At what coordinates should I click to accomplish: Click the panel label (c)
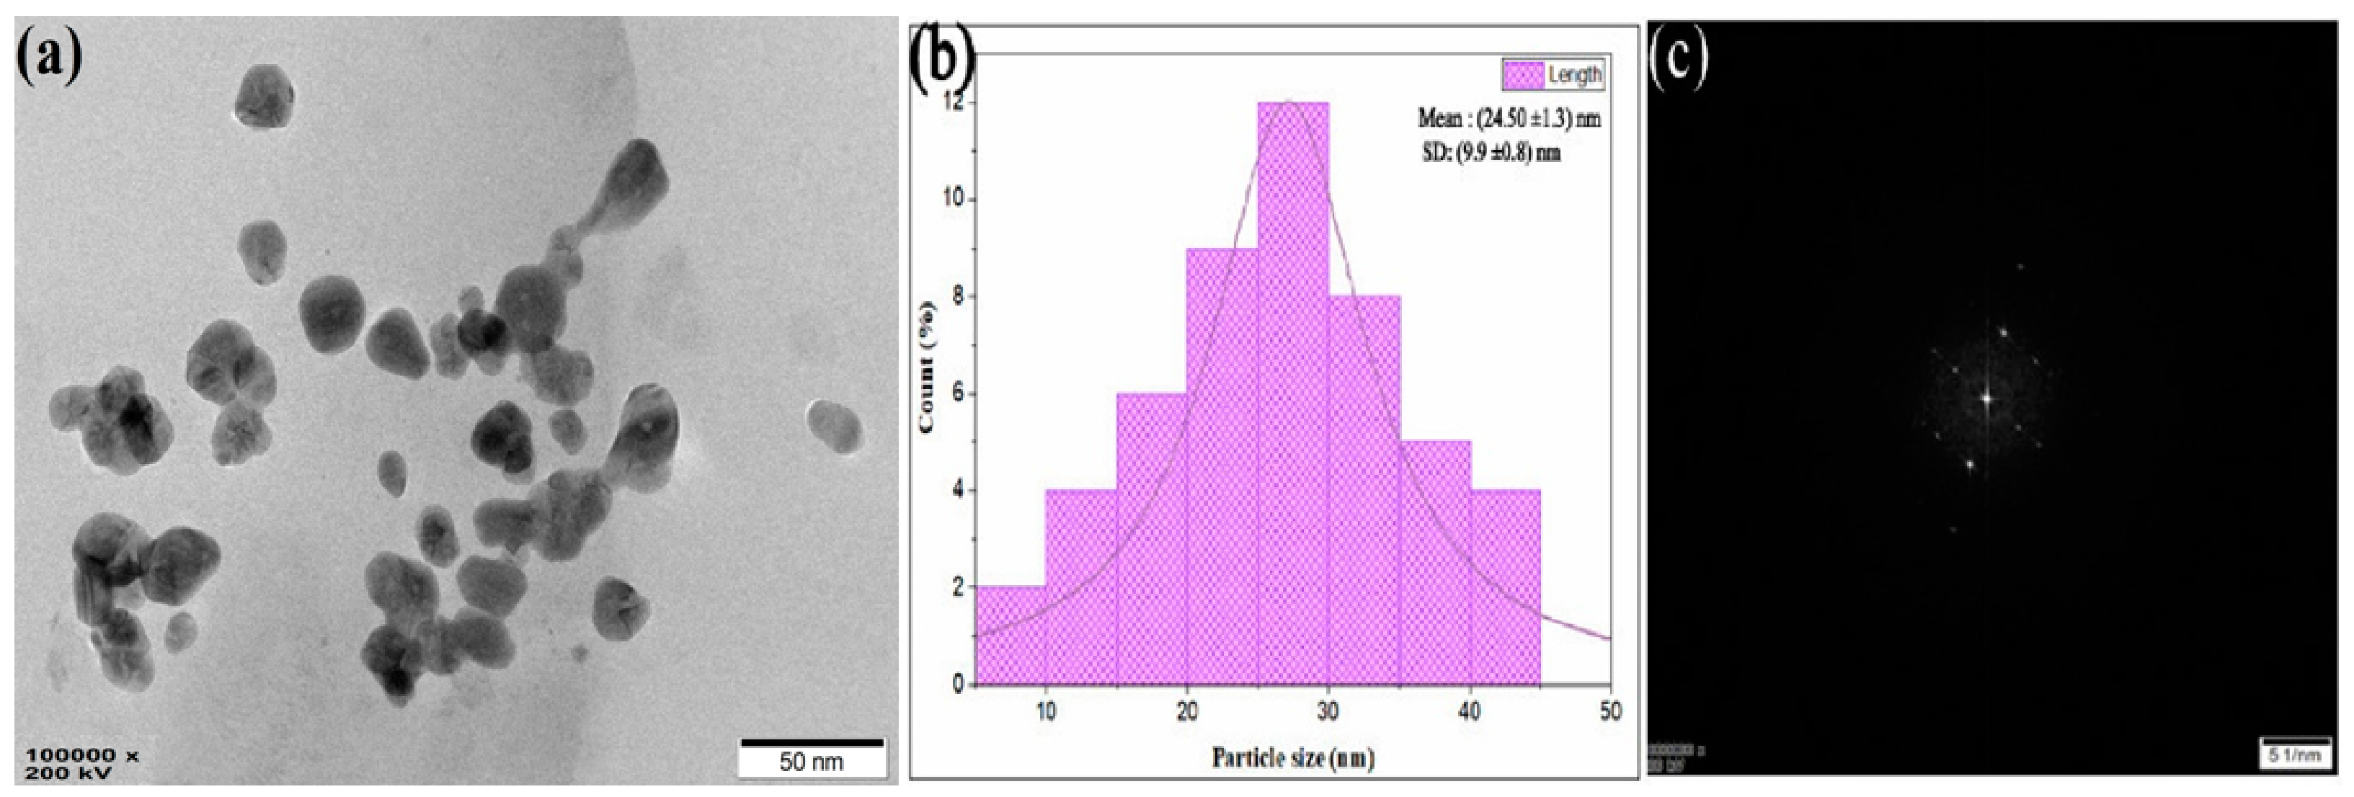[x=1679, y=57]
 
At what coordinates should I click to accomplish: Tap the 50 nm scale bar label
[x=812, y=760]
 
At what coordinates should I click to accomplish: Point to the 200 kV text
[x=68, y=773]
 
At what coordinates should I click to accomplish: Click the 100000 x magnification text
[x=82, y=756]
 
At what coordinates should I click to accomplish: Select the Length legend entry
[x=1553, y=75]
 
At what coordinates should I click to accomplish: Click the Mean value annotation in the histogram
[x=1509, y=119]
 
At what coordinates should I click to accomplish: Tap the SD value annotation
[x=1491, y=153]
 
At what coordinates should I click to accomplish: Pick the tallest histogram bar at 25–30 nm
[x=1292, y=393]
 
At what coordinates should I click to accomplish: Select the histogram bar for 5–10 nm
[x=1011, y=636]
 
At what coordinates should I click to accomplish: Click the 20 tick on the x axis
[x=1186, y=709]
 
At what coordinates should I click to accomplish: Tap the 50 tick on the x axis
[x=1610, y=709]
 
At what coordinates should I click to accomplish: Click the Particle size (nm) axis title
[x=1293, y=757]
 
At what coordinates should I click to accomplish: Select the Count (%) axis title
[x=928, y=365]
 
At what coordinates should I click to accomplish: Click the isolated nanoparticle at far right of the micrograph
[x=833, y=426]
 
